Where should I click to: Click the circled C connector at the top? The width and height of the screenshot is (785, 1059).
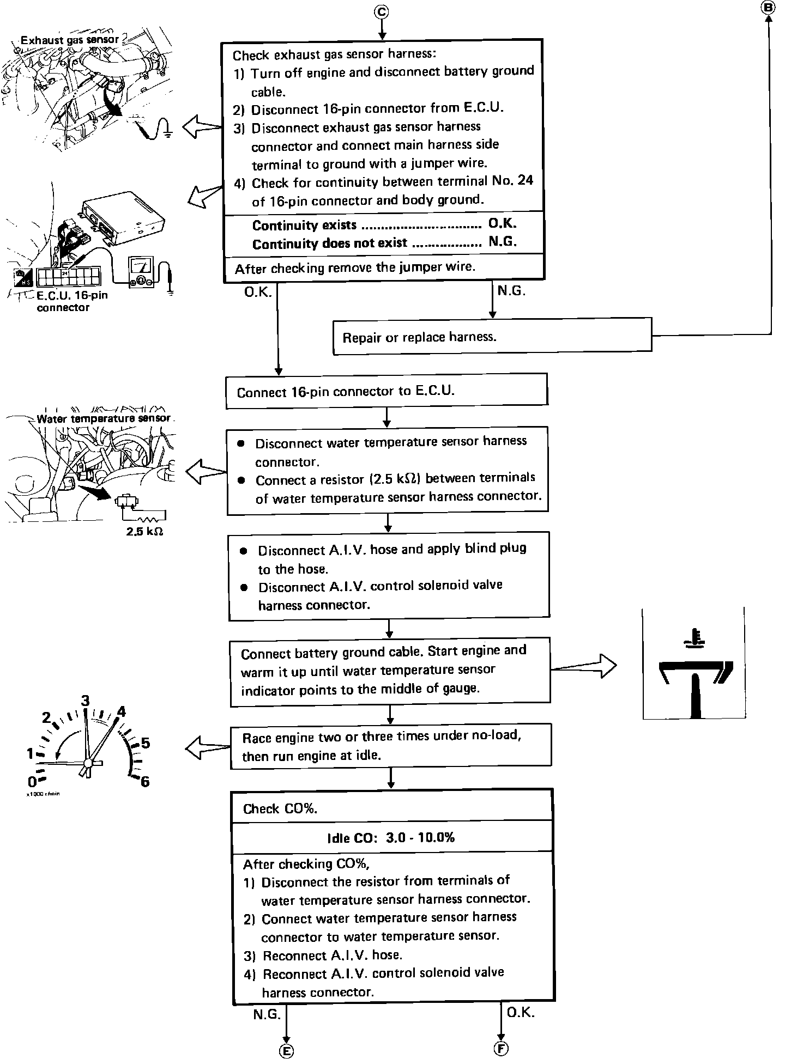click(382, 11)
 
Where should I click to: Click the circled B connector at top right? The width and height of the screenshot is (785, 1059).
click(769, 7)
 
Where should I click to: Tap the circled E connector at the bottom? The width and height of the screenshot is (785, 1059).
click(286, 1051)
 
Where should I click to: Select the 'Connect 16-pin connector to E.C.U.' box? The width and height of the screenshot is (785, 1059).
click(386, 391)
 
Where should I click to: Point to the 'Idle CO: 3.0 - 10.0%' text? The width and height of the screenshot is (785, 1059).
click(391, 837)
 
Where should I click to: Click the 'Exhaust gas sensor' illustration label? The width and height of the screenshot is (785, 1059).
click(70, 40)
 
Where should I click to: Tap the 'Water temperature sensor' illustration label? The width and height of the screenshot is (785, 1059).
click(103, 418)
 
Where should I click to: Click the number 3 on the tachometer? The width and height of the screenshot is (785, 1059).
click(85, 701)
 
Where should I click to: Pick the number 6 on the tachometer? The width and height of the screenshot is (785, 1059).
click(144, 782)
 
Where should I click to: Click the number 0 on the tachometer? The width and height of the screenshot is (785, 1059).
click(32, 782)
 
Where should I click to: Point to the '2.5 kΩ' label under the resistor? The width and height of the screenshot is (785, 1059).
click(144, 531)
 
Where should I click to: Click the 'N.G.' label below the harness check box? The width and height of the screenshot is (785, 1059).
click(511, 291)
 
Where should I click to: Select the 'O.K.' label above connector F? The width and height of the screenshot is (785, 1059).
click(521, 1012)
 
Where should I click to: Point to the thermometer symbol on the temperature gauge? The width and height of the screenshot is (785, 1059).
click(695, 639)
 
